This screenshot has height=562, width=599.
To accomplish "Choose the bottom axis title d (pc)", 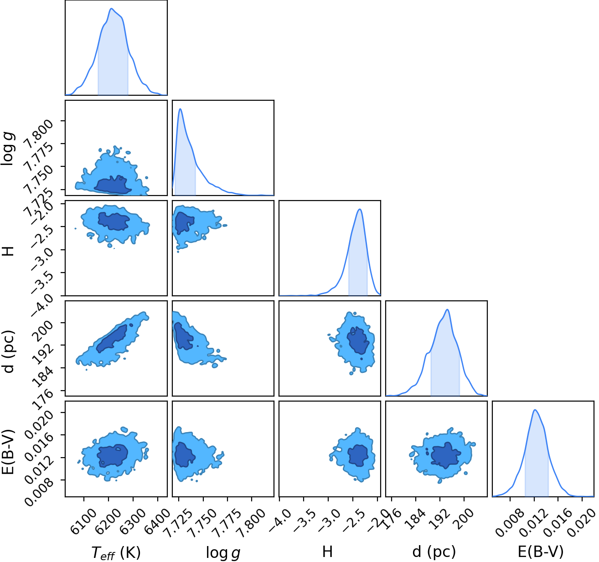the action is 434,552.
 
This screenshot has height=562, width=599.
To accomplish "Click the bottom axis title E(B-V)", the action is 541,552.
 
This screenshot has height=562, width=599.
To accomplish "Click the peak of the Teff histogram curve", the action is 111,9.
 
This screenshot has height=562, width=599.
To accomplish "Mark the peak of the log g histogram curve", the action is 181,108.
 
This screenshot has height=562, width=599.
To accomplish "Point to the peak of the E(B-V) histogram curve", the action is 535,410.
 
